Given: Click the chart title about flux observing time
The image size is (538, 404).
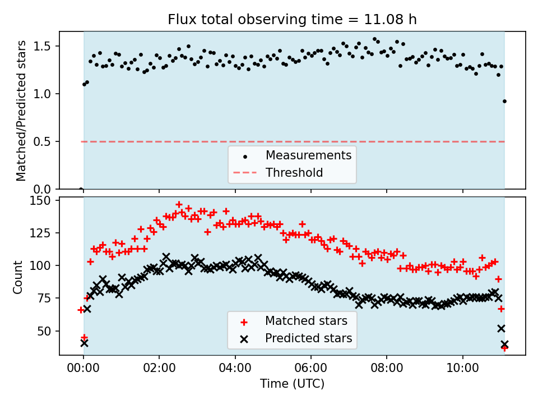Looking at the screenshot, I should click(292, 20).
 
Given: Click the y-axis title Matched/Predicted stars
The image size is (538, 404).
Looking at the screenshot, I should click(21, 111).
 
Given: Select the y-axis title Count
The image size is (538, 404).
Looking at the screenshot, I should click(18, 277).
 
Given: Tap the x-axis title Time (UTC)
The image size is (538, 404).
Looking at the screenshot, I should click(292, 384).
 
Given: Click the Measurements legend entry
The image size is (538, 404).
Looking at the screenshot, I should click(308, 155).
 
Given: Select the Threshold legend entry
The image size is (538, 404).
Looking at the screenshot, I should click(294, 172).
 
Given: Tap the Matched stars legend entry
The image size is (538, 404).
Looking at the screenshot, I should click(306, 321).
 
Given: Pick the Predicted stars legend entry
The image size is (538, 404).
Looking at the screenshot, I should click(308, 338).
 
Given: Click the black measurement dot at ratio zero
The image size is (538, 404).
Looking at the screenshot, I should click(81, 190).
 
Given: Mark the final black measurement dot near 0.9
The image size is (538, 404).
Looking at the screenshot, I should click(504, 102).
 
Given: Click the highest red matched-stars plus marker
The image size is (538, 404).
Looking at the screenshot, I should click(179, 205).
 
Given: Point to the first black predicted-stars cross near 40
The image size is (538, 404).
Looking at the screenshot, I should click(84, 343).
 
